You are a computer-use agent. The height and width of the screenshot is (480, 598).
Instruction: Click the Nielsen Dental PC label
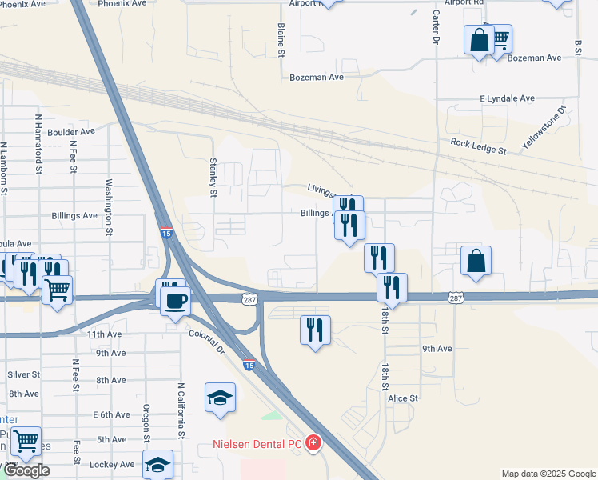[257, 443]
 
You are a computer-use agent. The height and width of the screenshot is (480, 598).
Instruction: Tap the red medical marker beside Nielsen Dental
[313, 442]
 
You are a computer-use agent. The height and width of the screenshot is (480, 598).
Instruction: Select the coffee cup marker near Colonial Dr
[175, 302]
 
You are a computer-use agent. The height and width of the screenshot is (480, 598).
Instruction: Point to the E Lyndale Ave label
[507, 98]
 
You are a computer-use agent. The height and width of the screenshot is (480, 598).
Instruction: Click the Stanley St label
[213, 176]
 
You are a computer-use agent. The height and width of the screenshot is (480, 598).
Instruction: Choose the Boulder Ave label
[71, 131]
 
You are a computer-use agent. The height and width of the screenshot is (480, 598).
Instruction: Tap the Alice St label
[403, 398]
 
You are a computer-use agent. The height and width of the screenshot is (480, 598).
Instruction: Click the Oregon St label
[147, 423]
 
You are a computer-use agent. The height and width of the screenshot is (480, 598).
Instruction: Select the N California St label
[182, 408]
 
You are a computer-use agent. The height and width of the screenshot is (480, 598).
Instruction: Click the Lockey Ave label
[116, 464]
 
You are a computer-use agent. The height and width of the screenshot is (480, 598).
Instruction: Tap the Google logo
[26, 470]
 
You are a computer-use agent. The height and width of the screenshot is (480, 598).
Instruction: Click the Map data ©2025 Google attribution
[548, 474]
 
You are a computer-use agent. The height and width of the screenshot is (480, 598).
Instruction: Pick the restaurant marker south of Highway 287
[315, 330]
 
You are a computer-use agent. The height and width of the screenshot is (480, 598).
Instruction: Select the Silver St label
[24, 374]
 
